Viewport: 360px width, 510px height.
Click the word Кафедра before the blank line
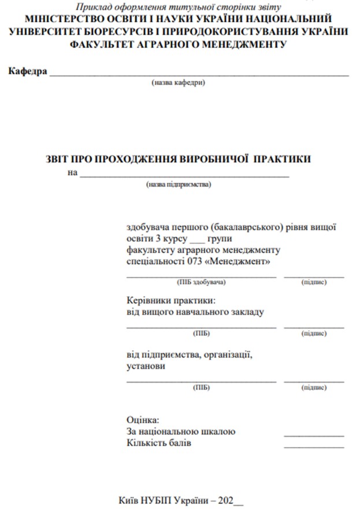27,72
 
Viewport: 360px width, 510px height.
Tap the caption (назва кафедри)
179,83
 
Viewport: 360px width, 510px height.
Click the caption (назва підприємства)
179,184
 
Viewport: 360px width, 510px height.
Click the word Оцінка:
142,420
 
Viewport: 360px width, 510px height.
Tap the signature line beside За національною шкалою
314,435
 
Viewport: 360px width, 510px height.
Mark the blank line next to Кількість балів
314,446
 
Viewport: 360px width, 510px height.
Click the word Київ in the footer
129,500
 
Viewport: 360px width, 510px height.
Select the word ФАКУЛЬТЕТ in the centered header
99,44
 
